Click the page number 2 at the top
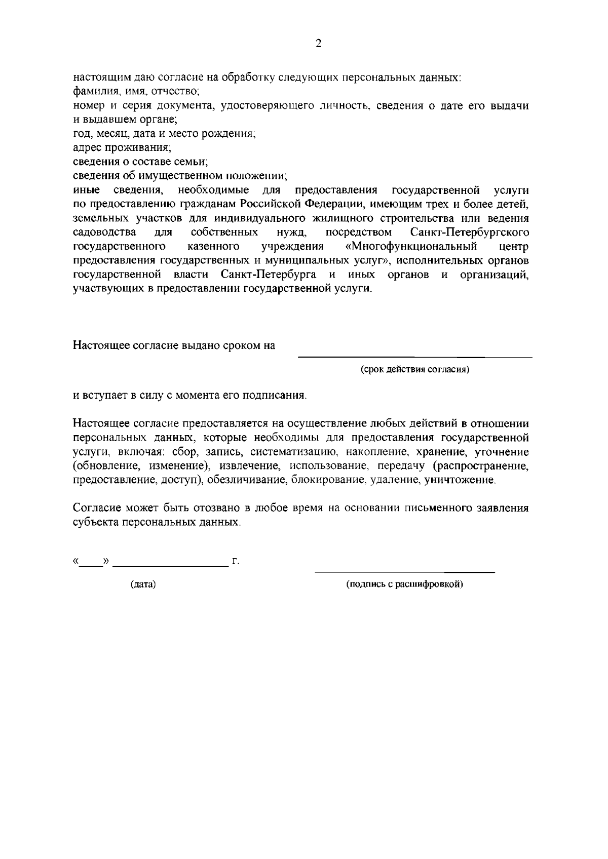pos(318,44)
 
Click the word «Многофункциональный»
pos(411,247)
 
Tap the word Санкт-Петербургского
pos(470,232)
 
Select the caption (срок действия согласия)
pos(415,369)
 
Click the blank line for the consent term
pos(414,357)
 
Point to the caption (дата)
pos(143,584)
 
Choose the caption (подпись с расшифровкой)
pos(405,584)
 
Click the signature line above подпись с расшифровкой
pos(405,572)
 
